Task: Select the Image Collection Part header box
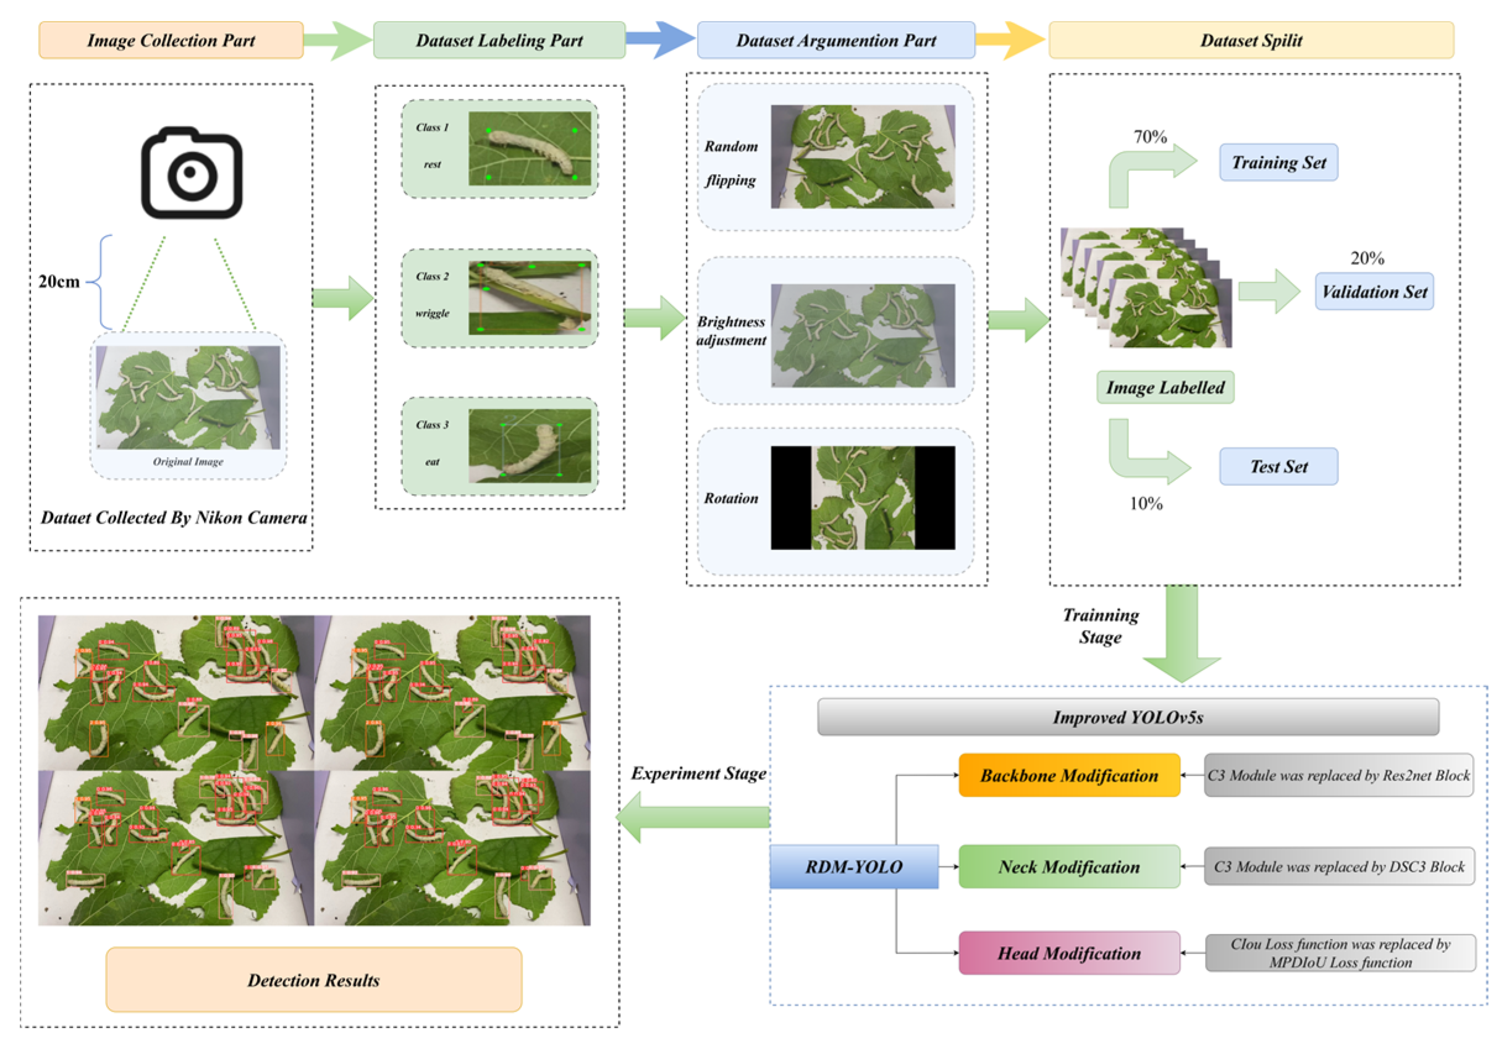171,40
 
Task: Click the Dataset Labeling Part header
499,40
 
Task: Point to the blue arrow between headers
660,40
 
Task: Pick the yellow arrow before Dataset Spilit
1010,40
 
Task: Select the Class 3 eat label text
432,443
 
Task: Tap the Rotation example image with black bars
862,497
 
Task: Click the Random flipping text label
731,162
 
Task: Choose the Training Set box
1277,162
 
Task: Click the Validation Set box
1373,292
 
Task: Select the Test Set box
1277,466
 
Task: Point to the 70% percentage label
1149,137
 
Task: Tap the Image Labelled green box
1165,387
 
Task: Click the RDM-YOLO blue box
853,866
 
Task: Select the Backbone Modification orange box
1068,775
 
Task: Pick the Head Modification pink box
1068,952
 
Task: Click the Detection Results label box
314,980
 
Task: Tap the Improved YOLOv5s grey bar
1127,717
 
